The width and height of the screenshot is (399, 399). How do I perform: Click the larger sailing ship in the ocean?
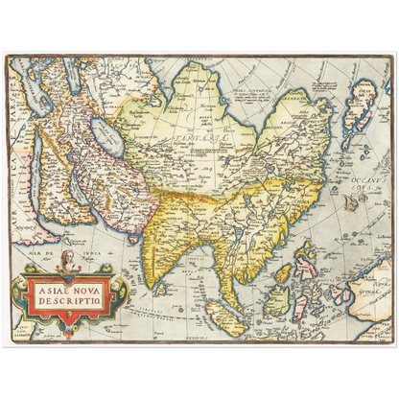pos(350,202)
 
